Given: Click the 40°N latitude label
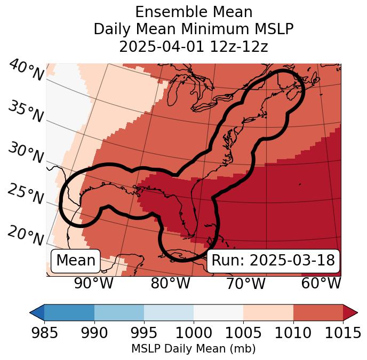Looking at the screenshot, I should (x=26, y=71).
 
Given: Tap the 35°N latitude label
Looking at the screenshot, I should (x=26, y=112).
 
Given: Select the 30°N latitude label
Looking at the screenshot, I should (x=26, y=154).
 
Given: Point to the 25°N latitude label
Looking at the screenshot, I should (x=26, y=194).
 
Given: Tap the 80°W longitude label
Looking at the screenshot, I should (x=170, y=283).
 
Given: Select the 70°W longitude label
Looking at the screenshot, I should (x=246, y=283).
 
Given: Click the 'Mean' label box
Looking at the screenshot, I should (x=76, y=261).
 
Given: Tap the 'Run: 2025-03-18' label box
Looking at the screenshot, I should (x=273, y=261).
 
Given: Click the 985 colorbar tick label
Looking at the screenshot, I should (x=44, y=333).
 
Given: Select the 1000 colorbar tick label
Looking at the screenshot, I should (x=194, y=333).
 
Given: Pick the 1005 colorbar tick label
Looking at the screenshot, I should (x=243, y=333).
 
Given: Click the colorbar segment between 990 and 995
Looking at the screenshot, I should (x=119, y=312).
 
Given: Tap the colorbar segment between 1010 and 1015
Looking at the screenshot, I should (x=318, y=312).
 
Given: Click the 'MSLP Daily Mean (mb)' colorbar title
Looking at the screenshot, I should (x=193, y=349).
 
